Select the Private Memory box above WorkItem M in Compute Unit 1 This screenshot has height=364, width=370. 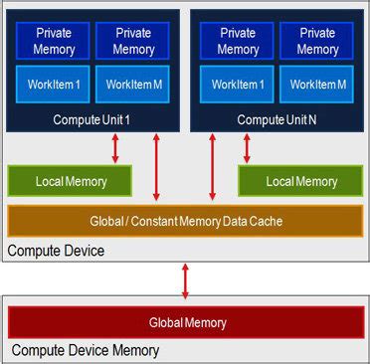coord(133,41)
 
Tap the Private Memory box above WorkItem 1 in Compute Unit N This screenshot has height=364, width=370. coord(237,41)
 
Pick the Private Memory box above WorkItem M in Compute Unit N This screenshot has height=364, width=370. coord(317,41)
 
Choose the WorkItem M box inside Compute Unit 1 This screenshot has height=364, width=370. coord(133,85)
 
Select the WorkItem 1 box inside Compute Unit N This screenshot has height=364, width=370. coord(237,85)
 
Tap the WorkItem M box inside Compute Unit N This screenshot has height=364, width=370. coord(317,85)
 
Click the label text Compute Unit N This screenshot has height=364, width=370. coord(277,119)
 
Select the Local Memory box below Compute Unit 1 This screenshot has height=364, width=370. coord(71,181)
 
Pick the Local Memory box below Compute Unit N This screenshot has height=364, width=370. coord(301,181)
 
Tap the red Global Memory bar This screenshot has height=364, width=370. coord(187,322)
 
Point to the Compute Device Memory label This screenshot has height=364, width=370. coord(85,351)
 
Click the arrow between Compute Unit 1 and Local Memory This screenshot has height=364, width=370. coord(115,147)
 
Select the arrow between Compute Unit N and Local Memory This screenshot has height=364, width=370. coord(247,147)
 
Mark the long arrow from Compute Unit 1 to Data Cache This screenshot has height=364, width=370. coord(156,166)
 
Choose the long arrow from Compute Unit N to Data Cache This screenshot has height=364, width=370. coord(211,166)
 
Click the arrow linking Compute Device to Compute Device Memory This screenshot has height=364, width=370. coord(186,279)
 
